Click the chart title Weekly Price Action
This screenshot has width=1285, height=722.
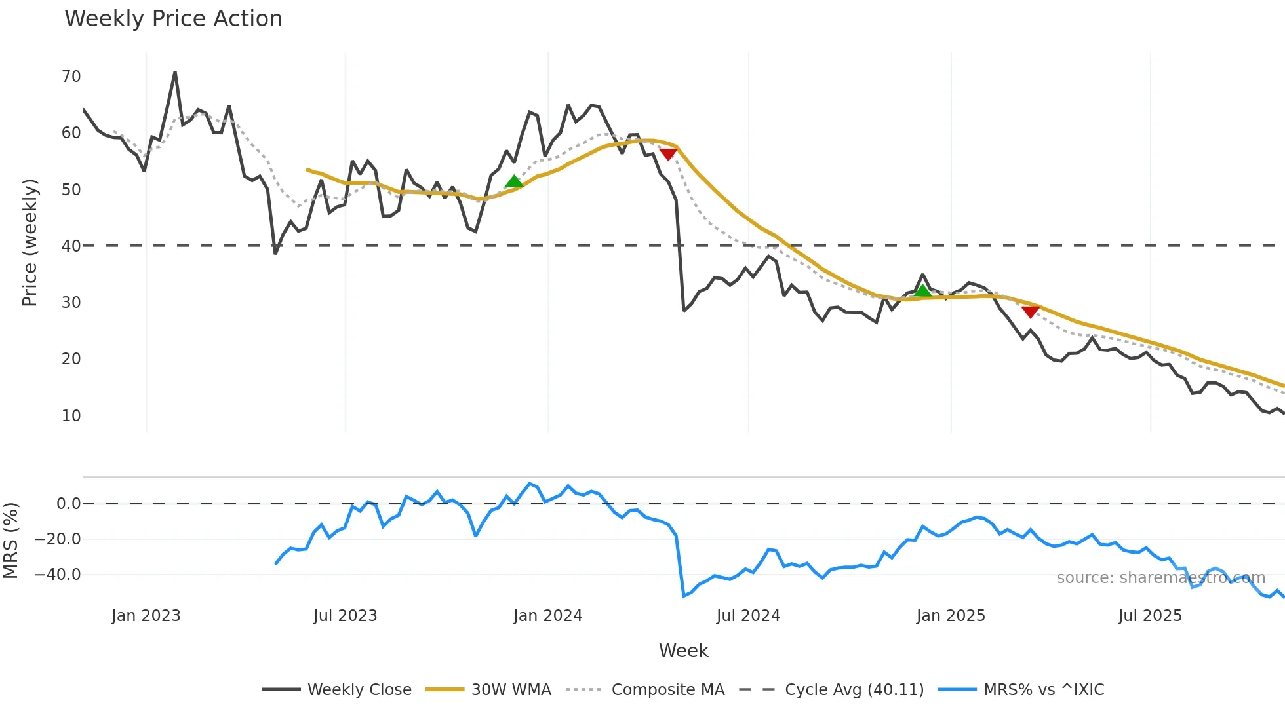coord(173,19)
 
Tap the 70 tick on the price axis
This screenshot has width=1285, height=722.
coord(71,77)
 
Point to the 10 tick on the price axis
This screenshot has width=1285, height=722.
coord(71,416)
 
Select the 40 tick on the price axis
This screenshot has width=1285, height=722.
coord(71,246)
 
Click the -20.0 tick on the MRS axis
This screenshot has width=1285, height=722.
coord(58,539)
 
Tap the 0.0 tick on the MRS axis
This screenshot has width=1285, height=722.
coord(68,504)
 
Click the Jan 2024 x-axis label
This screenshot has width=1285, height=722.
coord(547,616)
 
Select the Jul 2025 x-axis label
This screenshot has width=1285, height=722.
coord(1150,616)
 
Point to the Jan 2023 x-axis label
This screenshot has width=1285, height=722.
coord(146,616)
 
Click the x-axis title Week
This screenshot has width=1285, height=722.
coord(683,651)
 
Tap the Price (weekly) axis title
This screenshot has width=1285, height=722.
coord(30,242)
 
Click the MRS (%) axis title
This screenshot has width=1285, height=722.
coord(10,541)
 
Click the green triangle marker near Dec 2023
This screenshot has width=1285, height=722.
coord(514,181)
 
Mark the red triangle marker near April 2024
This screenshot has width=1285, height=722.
coord(667,154)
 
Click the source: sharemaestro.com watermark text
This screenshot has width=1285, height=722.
coord(1160,578)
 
